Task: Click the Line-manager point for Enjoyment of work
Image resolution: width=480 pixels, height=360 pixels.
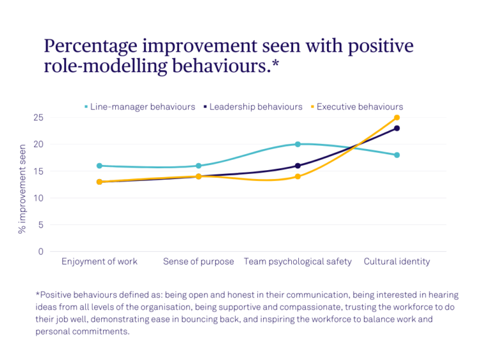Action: (x=99, y=166)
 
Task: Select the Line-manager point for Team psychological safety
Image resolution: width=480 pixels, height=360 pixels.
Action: (x=298, y=145)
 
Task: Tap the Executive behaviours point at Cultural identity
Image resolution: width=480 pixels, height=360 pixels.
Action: (x=397, y=118)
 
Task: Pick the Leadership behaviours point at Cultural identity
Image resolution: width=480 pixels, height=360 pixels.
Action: (x=397, y=129)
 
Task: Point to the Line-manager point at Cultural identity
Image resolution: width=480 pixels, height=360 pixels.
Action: (x=397, y=155)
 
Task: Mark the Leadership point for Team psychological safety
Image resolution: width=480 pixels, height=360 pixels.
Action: (x=298, y=166)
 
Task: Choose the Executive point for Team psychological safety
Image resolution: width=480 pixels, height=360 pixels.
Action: (x=298, y=176)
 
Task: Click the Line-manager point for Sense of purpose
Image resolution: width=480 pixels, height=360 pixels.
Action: (x=198, y=166)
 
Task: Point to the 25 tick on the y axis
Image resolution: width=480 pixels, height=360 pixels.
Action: (x=38, y=118)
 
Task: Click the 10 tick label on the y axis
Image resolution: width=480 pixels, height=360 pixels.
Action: (x=38, y=198)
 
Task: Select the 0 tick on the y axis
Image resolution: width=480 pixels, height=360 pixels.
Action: (x=41, y=251)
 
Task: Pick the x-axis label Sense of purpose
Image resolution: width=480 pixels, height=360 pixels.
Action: (x=198, y=262)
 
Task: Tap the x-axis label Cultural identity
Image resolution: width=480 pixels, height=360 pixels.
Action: (x=397, y=262)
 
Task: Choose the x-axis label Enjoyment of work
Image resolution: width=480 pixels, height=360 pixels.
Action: (x=99, y=262)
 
